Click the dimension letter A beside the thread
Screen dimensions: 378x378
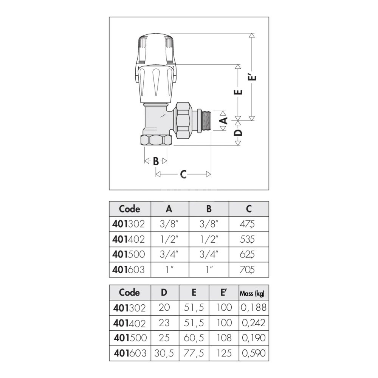click(x=224, y=120)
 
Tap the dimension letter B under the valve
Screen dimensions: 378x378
click(x=156, y=161)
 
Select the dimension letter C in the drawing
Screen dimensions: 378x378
click(x=183, y=174)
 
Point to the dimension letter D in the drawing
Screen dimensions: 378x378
click(x=238, y=133)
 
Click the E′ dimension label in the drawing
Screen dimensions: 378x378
click(x=252, y=77)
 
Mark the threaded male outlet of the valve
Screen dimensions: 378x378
click(x=204, y=121)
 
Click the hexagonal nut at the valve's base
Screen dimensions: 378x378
click(x=156, y=140)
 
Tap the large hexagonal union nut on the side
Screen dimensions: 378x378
click(x=184, y=120)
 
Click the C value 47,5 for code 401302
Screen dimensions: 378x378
click(x=247, y=225)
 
